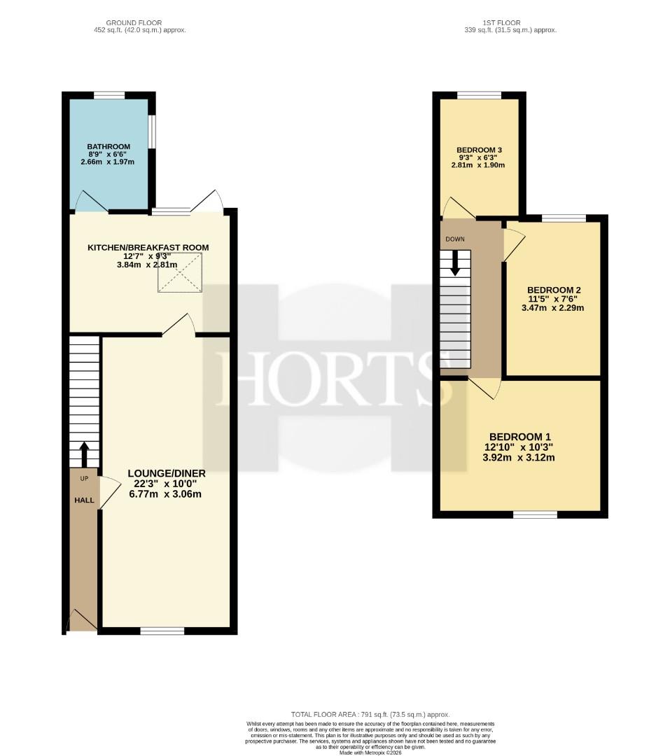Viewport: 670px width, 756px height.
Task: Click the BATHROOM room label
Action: [109, 146]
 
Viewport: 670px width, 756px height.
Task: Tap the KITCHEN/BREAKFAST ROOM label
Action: [148, 247]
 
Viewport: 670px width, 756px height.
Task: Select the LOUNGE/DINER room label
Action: [167, 473]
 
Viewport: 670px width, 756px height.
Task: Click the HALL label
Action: [84, 500]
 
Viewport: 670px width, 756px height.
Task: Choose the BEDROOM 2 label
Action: [554, 290]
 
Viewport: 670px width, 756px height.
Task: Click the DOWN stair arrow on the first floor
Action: [454, 264]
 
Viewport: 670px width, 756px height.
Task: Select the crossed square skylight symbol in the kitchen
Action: [180, 272]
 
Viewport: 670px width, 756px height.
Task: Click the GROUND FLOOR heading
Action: [134, 22]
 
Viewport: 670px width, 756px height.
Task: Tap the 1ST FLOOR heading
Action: [502, 22]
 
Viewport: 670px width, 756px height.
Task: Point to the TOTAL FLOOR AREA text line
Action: [370, 715]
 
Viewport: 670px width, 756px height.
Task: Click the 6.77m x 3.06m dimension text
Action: [165, 494]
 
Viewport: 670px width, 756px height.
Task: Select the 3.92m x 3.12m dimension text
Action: [519, 458]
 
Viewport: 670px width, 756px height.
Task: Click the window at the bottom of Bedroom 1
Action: [535, 515]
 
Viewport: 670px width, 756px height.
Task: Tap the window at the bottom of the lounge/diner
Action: [162, 631]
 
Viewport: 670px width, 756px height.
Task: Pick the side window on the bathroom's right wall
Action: [151, 131]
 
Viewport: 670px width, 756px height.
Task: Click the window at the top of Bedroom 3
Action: [479, 95]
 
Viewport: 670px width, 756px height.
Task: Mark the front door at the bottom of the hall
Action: [82, 619]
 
